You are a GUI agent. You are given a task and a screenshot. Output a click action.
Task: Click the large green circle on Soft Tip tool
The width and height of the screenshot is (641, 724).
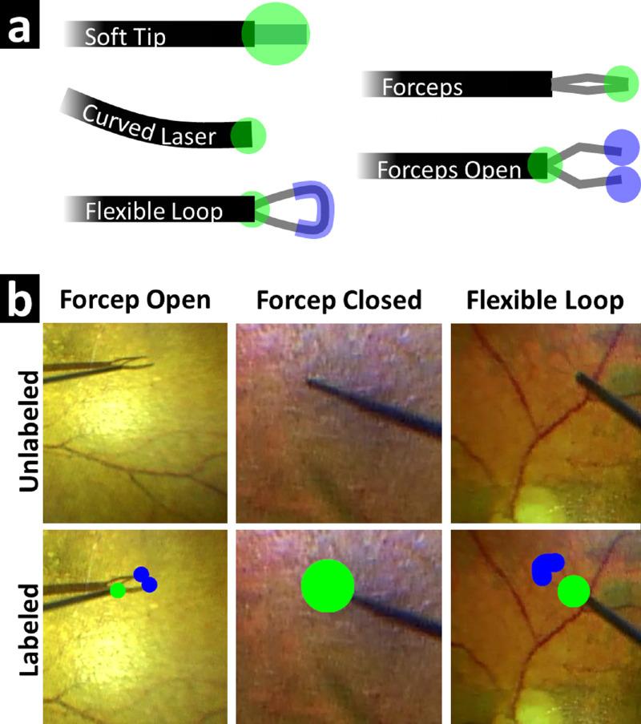275,34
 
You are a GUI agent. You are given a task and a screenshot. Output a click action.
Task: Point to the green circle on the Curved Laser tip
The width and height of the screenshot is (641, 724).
248,134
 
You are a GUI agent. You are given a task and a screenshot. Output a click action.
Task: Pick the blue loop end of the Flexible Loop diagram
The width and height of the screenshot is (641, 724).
312,210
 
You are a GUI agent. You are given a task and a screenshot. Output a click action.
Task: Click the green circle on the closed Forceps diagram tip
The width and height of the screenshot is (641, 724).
621,83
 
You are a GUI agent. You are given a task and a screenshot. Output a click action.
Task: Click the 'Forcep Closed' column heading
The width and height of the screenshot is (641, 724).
339,301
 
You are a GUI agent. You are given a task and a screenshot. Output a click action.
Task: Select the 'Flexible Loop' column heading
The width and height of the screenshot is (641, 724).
545,301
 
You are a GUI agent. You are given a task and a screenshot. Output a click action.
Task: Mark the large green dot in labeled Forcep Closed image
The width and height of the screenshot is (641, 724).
327,585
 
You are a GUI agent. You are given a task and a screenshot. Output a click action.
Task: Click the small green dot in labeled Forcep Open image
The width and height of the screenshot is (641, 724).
118,591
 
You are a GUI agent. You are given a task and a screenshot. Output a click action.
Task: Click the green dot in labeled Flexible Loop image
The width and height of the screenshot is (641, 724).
573,592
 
